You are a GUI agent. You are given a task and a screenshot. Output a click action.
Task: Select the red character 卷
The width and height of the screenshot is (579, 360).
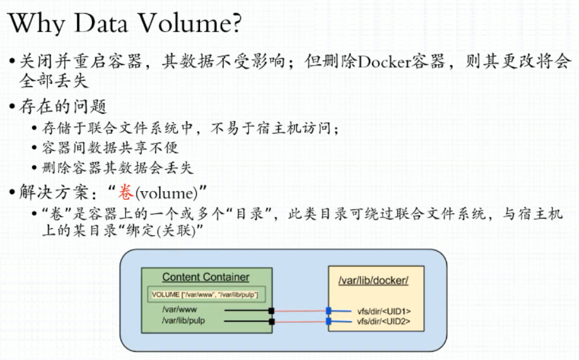(x=126, y=192)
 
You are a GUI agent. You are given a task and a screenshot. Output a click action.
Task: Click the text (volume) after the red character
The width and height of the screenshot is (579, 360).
(x=166, y=193)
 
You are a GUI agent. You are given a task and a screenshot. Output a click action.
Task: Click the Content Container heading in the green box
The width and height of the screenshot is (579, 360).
(x=206, y=277)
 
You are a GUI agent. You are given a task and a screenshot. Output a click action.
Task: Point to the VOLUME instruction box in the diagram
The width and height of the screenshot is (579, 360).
(x=206, y=294)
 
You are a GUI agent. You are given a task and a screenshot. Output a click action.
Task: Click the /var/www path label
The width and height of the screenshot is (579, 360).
(x=179, y=310)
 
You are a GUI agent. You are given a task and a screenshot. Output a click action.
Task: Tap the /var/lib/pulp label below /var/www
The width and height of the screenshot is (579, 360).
(x=183, y=320)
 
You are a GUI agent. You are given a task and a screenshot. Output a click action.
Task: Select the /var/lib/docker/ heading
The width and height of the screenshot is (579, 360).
(x=373, y=281)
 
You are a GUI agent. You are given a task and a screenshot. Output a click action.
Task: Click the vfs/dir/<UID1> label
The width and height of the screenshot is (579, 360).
(x=384, y=311)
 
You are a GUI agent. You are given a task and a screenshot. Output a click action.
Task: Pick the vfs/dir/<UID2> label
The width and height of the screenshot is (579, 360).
(x=383, y=322)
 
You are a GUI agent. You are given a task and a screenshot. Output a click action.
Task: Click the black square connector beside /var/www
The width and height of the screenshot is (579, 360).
(x=271, y=311)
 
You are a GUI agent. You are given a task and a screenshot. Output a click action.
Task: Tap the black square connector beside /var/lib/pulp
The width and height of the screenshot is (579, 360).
(x=272, y=322)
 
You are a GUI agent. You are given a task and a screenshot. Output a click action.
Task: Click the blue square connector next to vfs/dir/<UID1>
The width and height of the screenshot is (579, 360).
(x=328, y=311)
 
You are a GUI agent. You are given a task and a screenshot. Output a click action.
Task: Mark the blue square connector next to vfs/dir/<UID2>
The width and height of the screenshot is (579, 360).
(x=328, y=322)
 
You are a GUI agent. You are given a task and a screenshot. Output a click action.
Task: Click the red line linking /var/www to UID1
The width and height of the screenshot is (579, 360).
(x=300, y=311)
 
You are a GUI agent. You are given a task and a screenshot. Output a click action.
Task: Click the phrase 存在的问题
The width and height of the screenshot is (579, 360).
(x=63, y=107)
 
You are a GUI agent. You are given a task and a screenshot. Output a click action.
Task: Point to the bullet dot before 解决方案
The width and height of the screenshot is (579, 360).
(x=13, y=192)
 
